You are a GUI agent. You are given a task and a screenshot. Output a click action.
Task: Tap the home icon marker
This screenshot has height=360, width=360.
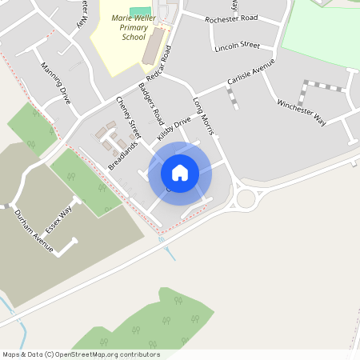pyautogui.click(x=180, y=172)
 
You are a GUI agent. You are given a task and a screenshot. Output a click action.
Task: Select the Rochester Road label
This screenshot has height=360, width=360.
pyautogui.click(x=233, y=18)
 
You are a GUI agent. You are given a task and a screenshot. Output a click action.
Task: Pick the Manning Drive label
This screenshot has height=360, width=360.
pyautogui.click(x=55, y=83)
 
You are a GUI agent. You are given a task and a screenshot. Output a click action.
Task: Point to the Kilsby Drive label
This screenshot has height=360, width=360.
pyautogui.click(x=174, y=127)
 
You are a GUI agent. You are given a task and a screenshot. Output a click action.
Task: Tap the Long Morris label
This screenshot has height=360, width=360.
pyautogui.click(x=205, y=117)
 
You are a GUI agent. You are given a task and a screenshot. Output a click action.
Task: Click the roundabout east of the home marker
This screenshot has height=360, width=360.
pyautogui.click(x=246, y=198)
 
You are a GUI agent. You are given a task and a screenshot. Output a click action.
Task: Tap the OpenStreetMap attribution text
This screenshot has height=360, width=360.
pyautogui.click(x=81, y=354)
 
